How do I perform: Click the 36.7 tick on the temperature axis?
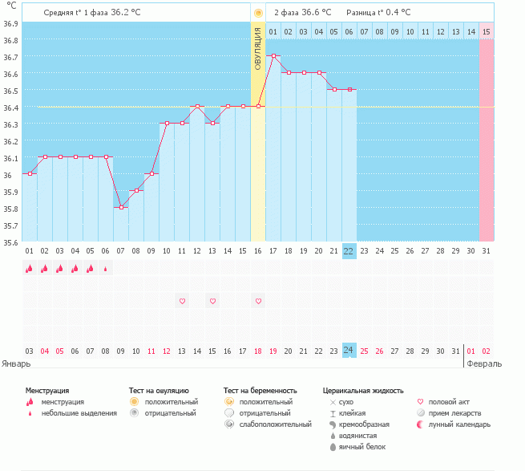tap(11, 57)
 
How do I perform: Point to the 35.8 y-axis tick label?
tap(11, 209)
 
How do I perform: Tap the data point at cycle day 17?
tap(273, 56)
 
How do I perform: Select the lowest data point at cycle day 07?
tap(121, 207)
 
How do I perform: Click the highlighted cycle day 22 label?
tap(349, 250)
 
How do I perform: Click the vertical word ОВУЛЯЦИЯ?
tap(258, 48)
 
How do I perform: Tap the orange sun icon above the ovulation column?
tap(258, 13)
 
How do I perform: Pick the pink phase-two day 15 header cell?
tap(487, 32)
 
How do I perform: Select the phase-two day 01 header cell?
tap(273, 32)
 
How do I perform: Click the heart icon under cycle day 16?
tap(258, 301)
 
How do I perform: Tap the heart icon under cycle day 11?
tap(182, 301)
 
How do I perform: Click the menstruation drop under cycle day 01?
tap(30, 269)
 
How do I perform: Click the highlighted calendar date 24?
tap(349, 351)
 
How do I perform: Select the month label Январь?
tap(16, 363)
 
